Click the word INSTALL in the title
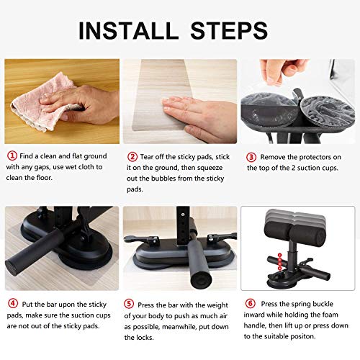pos(128,30)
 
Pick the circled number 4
pos(12,303)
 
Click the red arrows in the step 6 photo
pos(276,258)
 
